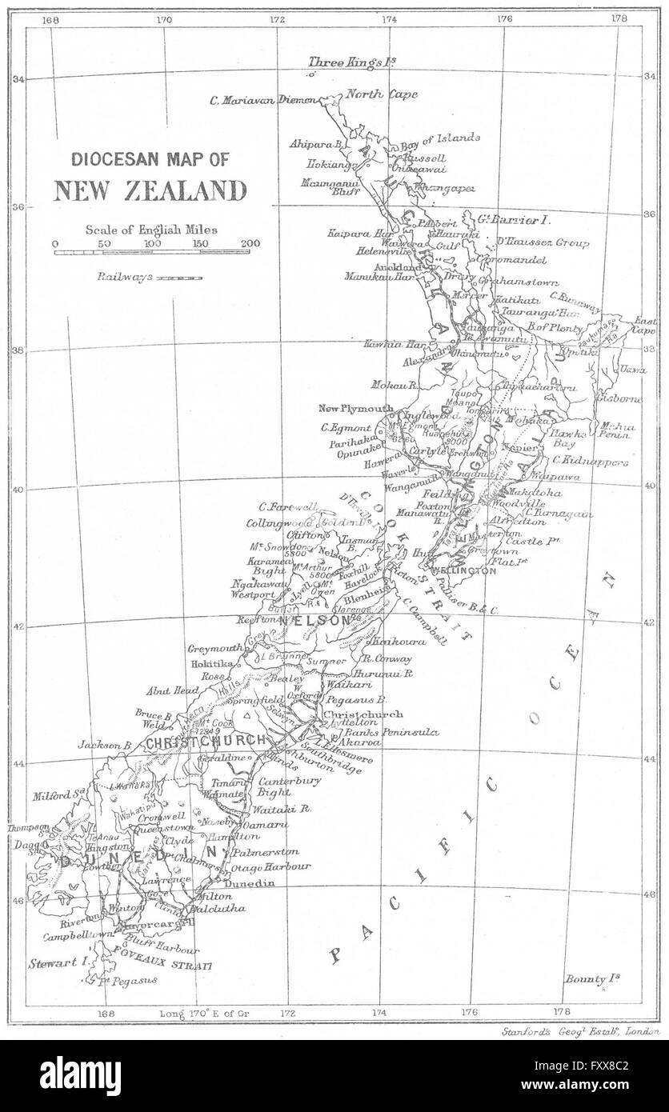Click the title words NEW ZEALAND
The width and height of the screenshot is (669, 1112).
pos(150,191)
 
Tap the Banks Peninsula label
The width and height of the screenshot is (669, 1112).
pos(375,731)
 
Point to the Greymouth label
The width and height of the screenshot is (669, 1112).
pos(214,649)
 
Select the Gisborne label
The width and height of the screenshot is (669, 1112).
pos(619,398)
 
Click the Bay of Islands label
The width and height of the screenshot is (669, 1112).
pos(440,138)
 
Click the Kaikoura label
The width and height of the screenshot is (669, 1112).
pos(390,642)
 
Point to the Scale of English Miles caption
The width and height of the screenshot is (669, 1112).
pos(151,229)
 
